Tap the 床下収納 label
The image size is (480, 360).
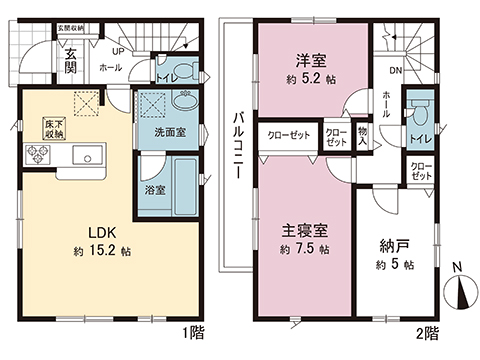pos(54,127)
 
